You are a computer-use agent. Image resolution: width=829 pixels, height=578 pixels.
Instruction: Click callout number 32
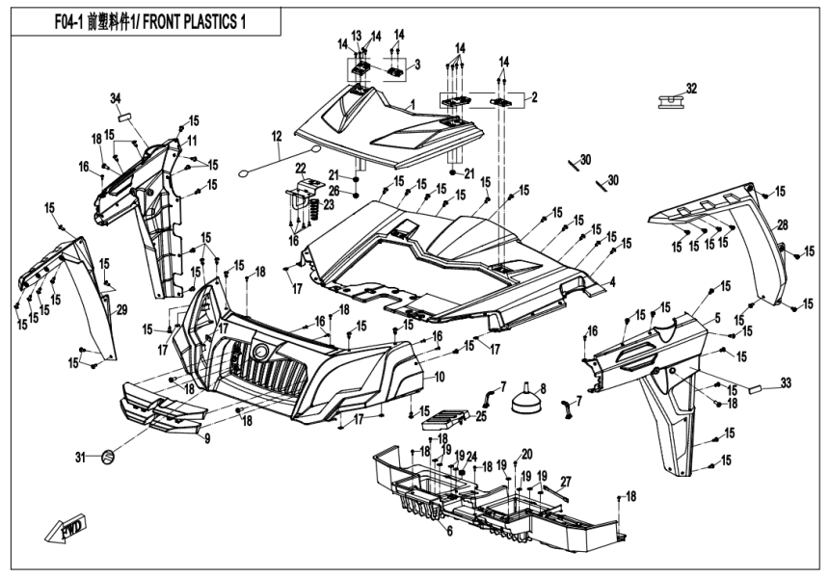tap(690, 88)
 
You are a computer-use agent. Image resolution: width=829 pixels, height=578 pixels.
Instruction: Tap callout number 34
tap(115, 98)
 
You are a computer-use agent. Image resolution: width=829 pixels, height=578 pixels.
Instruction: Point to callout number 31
tap(81, 456)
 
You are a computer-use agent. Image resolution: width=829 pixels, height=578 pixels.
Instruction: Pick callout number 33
tap(786, 383)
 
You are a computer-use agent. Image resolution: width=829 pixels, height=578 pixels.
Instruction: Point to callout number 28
tap(783, 224)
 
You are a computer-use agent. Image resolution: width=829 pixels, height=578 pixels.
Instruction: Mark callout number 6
tap(448, 531)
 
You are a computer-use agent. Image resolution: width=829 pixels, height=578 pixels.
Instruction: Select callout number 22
tap(300, 168)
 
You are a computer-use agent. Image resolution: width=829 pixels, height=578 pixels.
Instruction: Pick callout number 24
tap(472, 457)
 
